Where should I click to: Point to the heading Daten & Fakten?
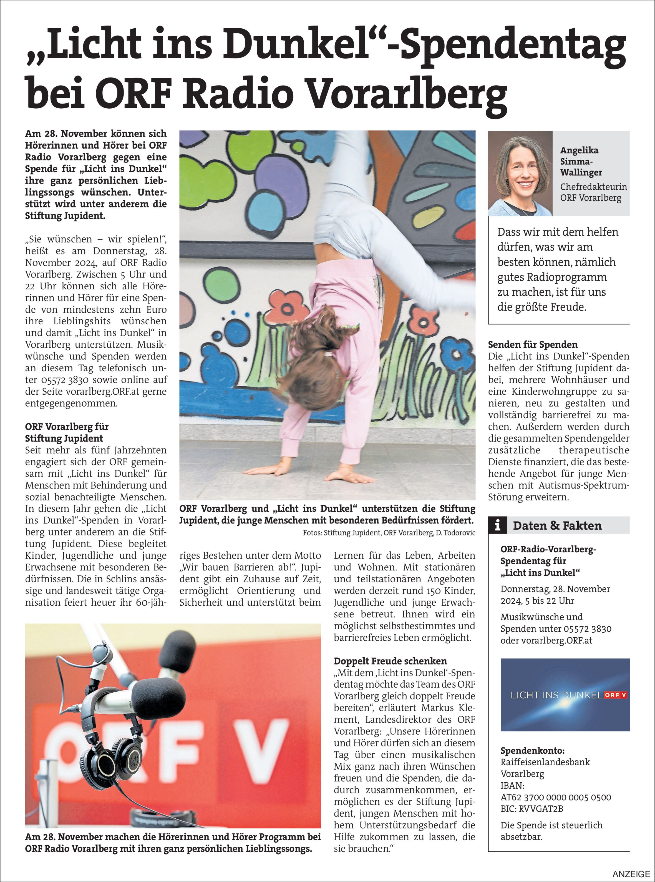click(557, 526)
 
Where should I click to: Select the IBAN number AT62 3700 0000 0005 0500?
click(555, 797)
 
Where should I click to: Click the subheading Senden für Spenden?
click(533, 344)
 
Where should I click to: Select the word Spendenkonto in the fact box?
click(532, 751)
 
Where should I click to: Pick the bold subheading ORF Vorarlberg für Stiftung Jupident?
click(66, 432)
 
